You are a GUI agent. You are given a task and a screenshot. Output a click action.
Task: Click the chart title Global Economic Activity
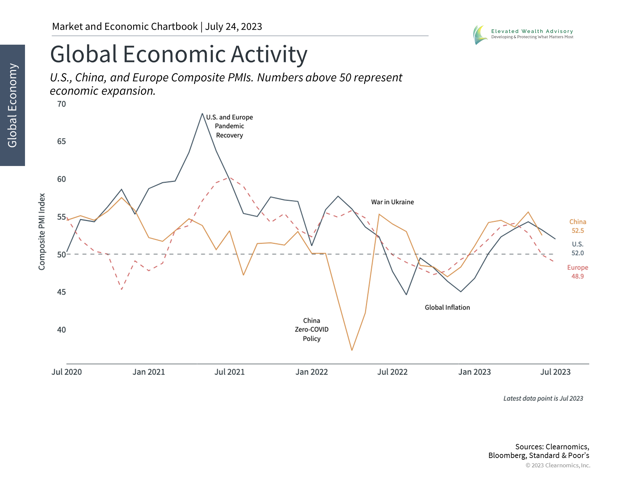[x=179, y=54]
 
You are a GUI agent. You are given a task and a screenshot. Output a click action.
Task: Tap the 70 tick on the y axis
[x=62, y=104]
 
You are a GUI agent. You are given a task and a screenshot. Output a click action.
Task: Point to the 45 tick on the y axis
[x=62, y=292]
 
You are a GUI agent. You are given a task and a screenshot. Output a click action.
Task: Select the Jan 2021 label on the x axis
[x=149, y=372]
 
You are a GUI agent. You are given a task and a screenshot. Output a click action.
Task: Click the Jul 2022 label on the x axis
[x=392, y=372]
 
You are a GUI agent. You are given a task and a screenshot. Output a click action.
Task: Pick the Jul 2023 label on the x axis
[x=555, y=372]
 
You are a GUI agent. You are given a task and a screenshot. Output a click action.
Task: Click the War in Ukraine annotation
[x=392, y=202]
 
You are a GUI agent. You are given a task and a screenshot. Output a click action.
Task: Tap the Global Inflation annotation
[x=447, y=307]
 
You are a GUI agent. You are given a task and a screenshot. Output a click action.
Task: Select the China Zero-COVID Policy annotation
[x=312, y=329]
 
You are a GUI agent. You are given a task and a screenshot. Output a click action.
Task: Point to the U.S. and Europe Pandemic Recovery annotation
[x=229, y=126]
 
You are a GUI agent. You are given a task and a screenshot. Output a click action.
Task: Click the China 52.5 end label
[x=578, y=226]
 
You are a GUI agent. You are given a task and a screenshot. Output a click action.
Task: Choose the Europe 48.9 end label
[x=578, y=272]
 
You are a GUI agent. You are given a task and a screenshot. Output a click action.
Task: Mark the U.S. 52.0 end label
[x=578, y=249]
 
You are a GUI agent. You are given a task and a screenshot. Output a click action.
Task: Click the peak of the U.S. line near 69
[x=202, y=114]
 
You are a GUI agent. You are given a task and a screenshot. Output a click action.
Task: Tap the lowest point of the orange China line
[x=352, y=350]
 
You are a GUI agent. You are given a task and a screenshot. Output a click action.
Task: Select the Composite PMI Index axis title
[x=42, y=232]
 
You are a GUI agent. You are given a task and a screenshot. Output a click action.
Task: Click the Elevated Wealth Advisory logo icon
[x=480, y=35]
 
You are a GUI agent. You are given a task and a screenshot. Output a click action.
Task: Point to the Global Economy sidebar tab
[x=12, y=105]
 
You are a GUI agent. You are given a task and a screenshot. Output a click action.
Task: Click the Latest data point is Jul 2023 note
[x=543, y=398]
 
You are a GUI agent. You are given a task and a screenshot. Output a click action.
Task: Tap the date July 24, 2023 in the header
[x=233, y=26]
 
